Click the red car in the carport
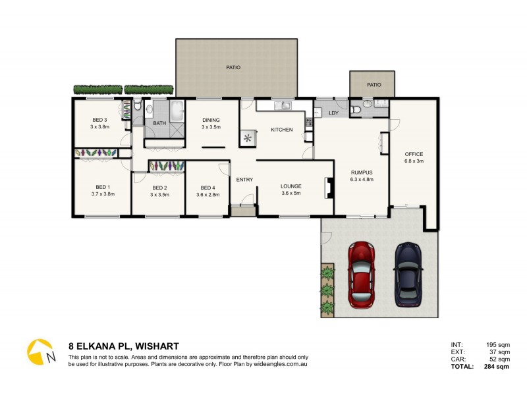coord(361,275)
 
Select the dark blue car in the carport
coord(408,275)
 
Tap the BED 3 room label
coord(99,119)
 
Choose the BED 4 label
coord(208,188)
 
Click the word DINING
coord(211,120)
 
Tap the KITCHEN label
coord(282,130)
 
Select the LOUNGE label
coord(291,186)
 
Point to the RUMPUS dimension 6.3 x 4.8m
coord(362,179)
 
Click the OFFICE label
coord(414,154)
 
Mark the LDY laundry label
coord(333,114)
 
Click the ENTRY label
coord(244,180)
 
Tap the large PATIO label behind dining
coord(233,67)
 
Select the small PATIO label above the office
coord(374,84)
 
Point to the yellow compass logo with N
coord(40,352)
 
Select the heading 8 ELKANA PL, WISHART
coord(123,346)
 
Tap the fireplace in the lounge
coord(327,188)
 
